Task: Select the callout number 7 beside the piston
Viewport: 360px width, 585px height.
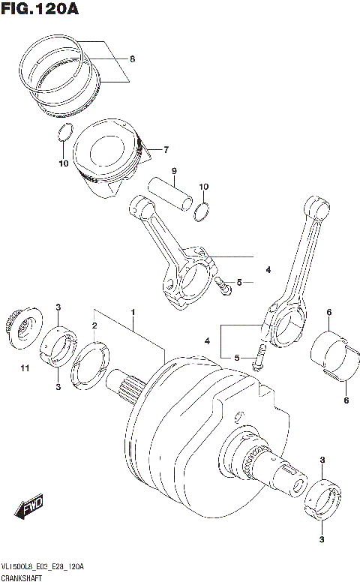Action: (x=166, y=148)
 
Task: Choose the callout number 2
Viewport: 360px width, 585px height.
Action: (x=94, y=325)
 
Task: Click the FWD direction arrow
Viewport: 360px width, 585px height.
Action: (x=31, y=508)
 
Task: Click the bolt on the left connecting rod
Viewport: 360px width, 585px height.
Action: (x=223, y=283)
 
